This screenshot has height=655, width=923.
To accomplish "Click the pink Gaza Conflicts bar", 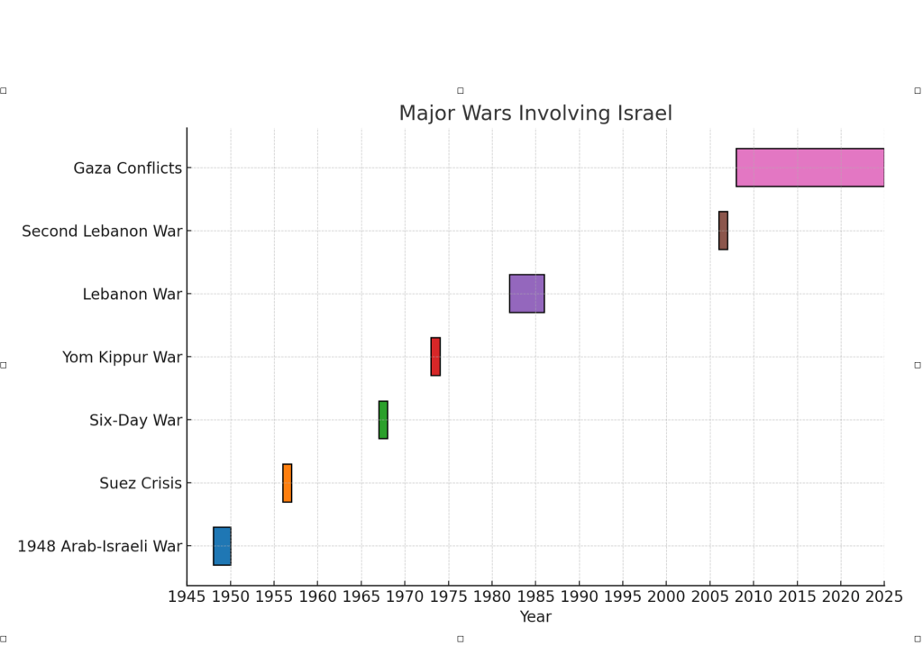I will pyautogui.click(x=809, y=168).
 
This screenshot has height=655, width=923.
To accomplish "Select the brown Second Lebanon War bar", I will pyautogui.click(x=723, y=231).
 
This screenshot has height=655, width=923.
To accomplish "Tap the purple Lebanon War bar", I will pyautogui.click(x=526, y=294).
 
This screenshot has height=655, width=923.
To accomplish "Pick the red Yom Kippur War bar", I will pyautogui.click(x=435, y=357).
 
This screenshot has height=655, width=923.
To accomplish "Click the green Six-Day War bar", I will pyautogui.click(x=383, y=420).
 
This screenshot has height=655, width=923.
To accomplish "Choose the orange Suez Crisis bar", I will pyautogui.click(x=288, y=483).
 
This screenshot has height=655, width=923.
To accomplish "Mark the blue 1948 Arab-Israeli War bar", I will pyautogui.click(x=222, y=546).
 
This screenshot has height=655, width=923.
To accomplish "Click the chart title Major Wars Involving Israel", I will pyautogui.click(x=535, y=114).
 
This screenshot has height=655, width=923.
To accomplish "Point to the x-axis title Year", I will pyautogui.click(x=535, y=617).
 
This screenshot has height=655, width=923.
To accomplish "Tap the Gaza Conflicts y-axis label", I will pyautogui.click(x=128, y=168).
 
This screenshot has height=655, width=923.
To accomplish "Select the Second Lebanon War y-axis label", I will pyautogui.click(x=102, y=232).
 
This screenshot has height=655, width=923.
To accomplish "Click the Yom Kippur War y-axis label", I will pyautogui.click(x=122, y=358).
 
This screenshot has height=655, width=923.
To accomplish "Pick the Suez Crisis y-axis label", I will pyautogui.click(x=141, y=484).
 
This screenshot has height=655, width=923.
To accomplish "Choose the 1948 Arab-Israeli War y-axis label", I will pyautogui.click(x=99, y=547).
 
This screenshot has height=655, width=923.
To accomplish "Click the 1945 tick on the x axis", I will pyautogui.click(x=187, y=596).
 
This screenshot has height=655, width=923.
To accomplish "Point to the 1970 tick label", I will pyautogui.click(x=405, y=596).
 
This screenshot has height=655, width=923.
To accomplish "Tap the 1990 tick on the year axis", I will pyautogui.click(x=579, y=596).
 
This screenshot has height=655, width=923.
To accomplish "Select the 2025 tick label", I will pyautogui.click(x=883, y=596).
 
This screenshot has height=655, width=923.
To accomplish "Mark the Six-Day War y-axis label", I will pyautogui.click(x=135, y=421).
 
